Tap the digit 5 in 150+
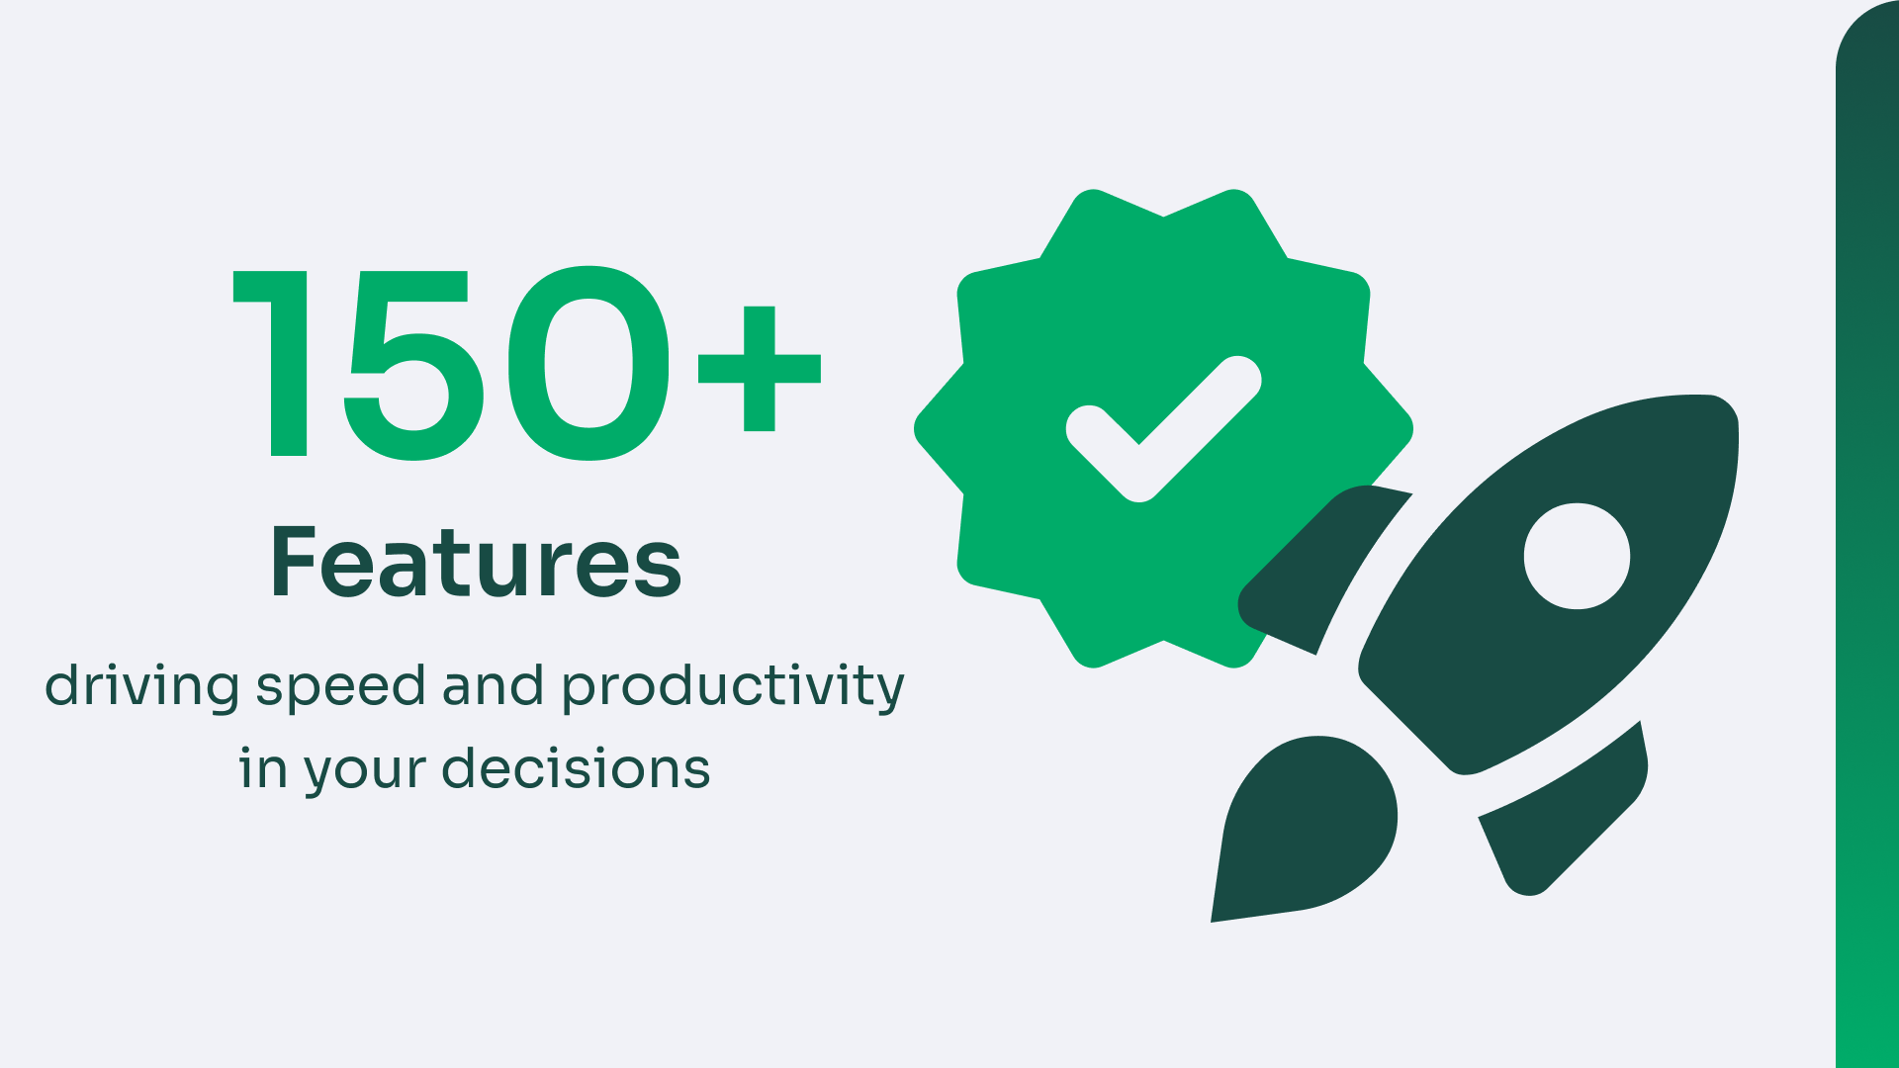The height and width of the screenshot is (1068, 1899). click(413, 365)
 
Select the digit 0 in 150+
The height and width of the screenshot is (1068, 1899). click(588, 363)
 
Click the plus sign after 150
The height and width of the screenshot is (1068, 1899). click(760, 369)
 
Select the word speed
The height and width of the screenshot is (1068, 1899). click(340, 687)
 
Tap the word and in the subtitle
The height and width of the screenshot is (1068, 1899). click(493, 684)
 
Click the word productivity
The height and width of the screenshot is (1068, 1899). click(733, 687)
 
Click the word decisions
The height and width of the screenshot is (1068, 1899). click(576, 767)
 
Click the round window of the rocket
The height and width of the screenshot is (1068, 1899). click(1577, 556)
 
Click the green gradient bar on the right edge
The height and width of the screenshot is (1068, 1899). click(1867, 534)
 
